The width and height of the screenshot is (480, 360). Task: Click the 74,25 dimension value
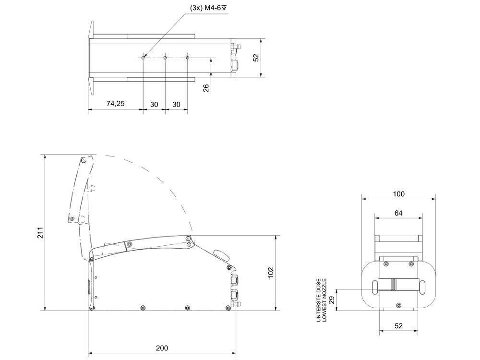[x=115, y=104]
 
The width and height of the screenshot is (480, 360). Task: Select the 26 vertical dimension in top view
[x=206, y=88]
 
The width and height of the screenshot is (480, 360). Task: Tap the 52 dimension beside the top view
[x=256, y=57]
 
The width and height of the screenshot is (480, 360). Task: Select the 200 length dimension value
[x=162, y=348]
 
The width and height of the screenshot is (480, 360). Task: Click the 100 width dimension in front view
[x=398, y=194]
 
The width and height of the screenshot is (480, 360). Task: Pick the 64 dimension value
[x=398, y=213]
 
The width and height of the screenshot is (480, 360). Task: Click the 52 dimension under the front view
[x=398, y=325]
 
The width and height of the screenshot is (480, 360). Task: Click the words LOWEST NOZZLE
[x=325, y=300]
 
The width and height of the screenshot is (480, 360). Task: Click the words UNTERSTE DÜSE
[x=318, y=300]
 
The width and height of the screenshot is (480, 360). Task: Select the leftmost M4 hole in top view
[x=143, y=58]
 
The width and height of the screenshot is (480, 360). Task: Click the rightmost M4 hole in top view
[x=187, y=58]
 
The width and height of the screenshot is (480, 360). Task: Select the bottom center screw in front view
[x=398, y=304]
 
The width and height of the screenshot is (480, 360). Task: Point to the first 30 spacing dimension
[x=154, y=104]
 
